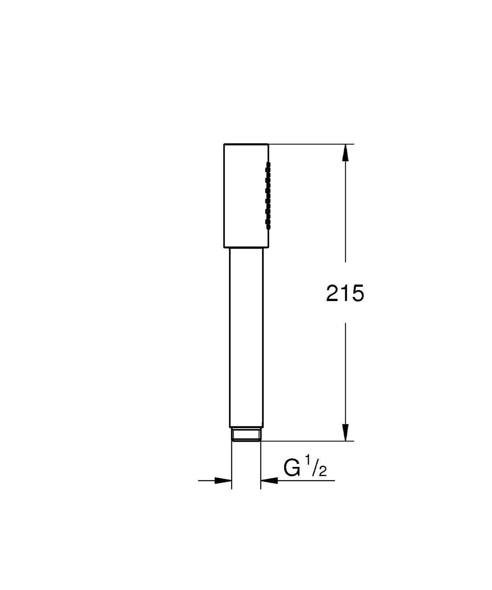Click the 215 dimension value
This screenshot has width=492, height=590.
pos(345,293)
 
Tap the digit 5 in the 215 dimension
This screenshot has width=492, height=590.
pos(357,293)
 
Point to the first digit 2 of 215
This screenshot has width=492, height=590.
pos(333,293)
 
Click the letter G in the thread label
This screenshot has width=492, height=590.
pos(292,469)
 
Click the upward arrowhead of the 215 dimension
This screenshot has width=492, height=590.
pos(345,153)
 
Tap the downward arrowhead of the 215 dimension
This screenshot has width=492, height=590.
pos(345,432)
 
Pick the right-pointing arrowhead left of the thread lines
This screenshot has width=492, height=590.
pos(223,480)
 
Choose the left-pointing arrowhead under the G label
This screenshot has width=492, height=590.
pos(269,480)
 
